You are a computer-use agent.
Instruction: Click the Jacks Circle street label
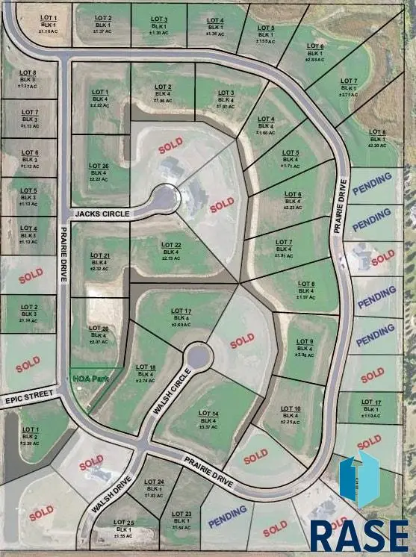pos(102,214)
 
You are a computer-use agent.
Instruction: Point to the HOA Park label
pos(90,379)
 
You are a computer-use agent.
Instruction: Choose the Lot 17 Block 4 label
pos(183,317)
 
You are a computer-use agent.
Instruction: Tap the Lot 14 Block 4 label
pos(209,420)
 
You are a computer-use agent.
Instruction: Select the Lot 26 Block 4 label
pos(99,172)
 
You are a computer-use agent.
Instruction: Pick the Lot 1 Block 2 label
pos(31,436)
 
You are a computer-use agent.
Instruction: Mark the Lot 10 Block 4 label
pos(291,414)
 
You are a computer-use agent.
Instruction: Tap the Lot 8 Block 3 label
pos(28,79)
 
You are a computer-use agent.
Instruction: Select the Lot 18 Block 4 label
pos(146,373)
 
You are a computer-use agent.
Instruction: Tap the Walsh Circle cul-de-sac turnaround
pos(198,356)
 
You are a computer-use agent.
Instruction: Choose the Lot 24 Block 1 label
pos(155,488)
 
